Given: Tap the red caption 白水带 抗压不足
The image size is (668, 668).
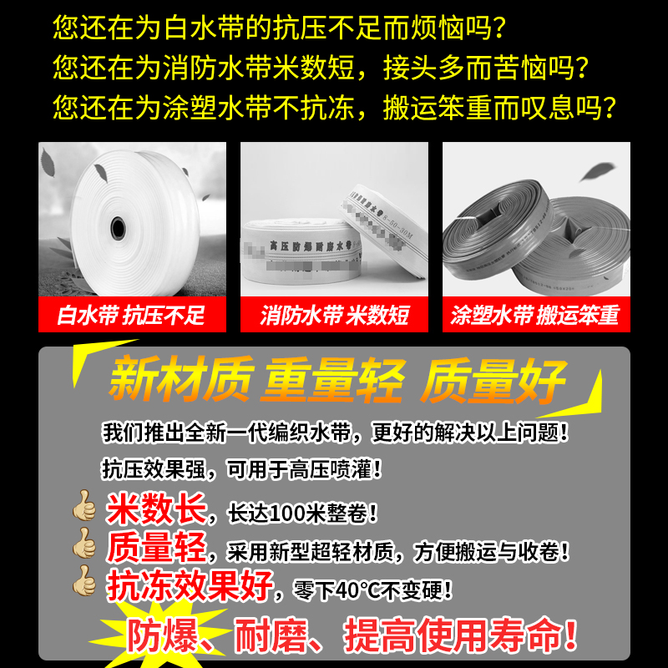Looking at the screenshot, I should pyautogui.click(x=131, y=316).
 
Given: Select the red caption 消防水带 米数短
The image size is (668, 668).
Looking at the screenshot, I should pyautogui.click(x=334, y=316).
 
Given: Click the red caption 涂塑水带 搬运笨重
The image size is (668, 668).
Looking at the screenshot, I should pyautogui.click(x=535, y=316).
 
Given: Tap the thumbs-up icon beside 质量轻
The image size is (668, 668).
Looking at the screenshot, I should pyautogui.click(x=84, y=546).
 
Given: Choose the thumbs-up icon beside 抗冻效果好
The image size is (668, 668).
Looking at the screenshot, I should pyautogui.click(x=84, y=583).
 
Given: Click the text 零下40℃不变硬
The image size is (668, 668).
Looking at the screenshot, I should pyautogui.click(x=372, y=590).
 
